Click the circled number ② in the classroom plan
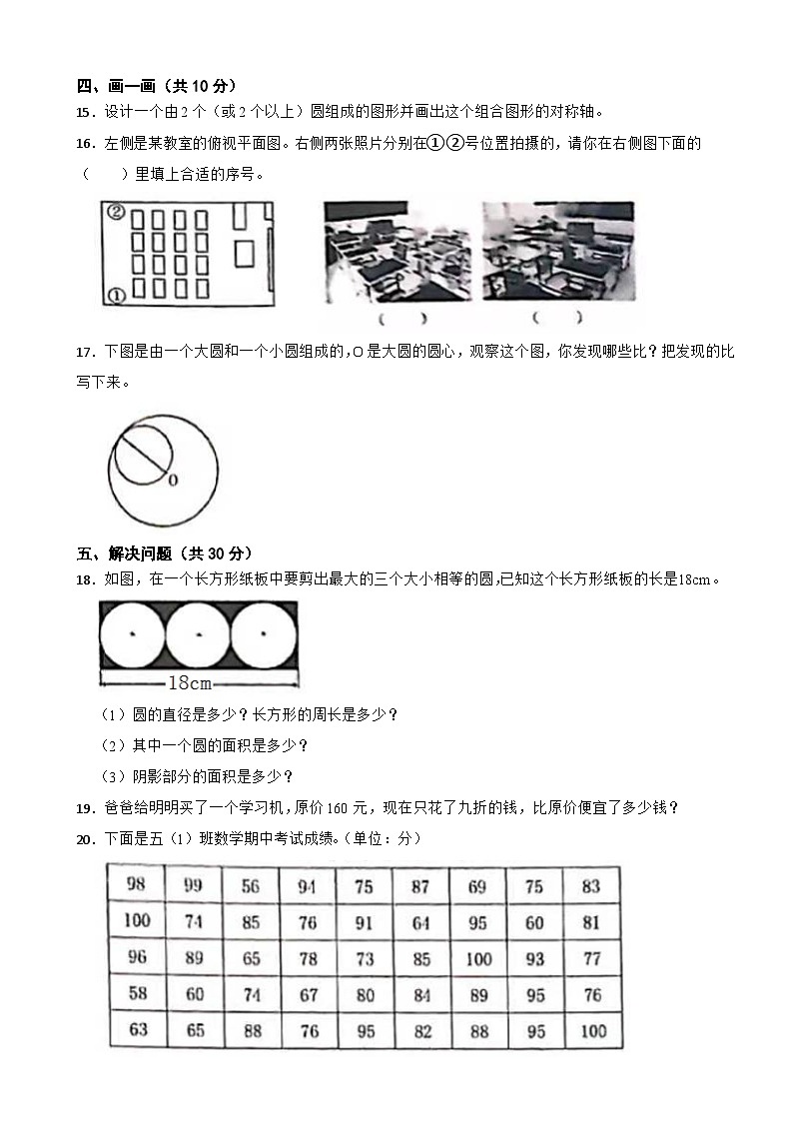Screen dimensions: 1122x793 point(116,212)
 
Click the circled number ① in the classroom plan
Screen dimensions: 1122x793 point(115,295)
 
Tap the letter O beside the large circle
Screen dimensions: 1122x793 point(172,481)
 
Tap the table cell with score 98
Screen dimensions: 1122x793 point(137,883)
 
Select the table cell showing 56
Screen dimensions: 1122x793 point(251,886)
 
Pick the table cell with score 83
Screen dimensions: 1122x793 point(590,886)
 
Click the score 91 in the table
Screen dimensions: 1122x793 point(365,922)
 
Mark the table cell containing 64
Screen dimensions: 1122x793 point(421,922)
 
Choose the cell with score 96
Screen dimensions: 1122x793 point(137,957)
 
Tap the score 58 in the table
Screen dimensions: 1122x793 point(137,993)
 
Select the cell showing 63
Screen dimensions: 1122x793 point(138,1029)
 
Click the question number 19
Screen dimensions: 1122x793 point(86,807)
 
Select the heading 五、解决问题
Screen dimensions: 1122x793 point(131,553)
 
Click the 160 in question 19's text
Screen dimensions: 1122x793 point(340,807)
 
